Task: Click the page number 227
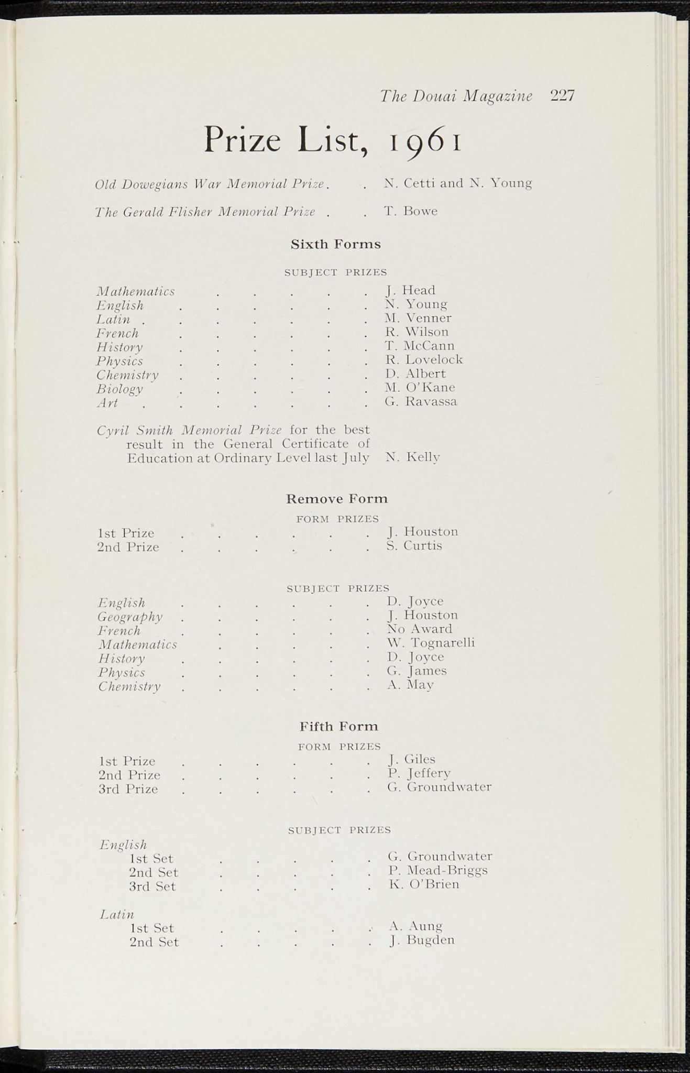563,96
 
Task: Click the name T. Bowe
410,211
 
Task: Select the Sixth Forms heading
335,244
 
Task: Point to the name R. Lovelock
423,359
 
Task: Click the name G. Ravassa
420,401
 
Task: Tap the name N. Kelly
412,457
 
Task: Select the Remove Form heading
337,498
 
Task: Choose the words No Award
419,629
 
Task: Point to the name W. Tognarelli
431,642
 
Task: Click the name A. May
410,684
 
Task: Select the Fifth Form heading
338,726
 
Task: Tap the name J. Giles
412,759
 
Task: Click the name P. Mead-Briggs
437,870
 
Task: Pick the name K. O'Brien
423,884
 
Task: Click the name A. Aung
415,926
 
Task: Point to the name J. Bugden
421,940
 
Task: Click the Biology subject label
119,389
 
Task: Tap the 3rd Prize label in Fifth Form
128,789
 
